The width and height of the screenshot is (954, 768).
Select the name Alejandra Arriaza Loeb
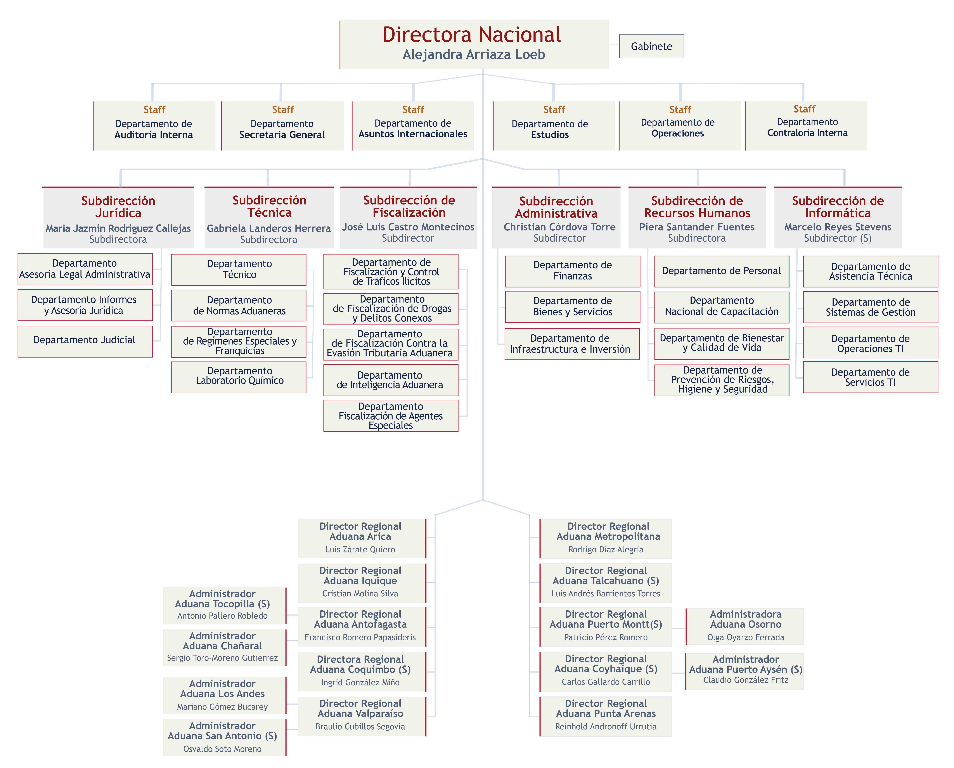tap(474, 54)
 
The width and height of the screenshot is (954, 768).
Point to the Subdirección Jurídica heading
tap(118, 207)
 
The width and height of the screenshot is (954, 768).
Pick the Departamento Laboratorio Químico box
tap(239, 377)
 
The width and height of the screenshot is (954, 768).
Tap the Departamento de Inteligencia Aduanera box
tap(391, 380)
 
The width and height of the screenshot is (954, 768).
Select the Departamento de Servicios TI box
tap(871, 377)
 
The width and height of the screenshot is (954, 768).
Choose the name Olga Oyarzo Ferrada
tap(746, 638)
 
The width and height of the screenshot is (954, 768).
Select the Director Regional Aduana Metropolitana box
tap(606, 538)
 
